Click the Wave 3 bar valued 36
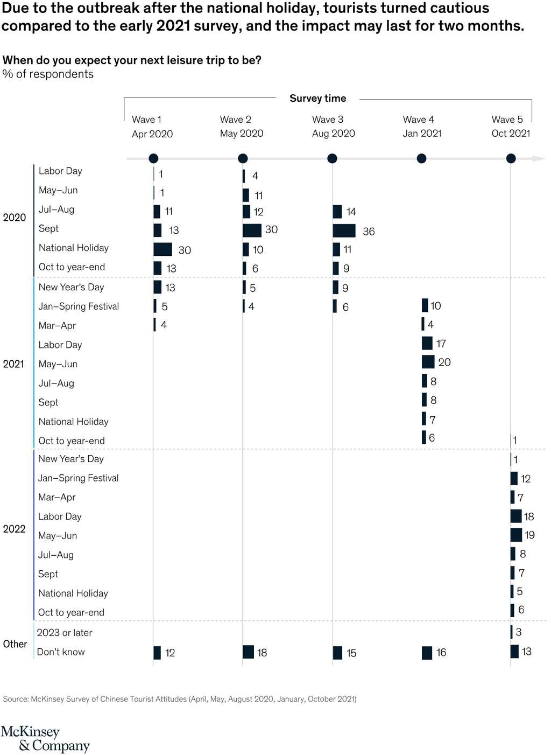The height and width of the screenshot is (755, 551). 344,230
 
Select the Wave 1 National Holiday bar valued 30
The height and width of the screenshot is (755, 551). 163,249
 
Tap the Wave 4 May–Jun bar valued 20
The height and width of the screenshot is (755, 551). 428,362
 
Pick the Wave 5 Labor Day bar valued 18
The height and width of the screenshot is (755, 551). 516,516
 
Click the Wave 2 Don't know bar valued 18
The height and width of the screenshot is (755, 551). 248,652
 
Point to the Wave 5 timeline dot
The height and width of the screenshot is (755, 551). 511,158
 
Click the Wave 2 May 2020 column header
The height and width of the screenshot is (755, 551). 241,127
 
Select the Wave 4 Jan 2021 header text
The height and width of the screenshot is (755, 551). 421,127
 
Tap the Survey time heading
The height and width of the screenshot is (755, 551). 317,98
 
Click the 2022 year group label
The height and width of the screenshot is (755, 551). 14,529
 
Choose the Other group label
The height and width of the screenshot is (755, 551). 15,644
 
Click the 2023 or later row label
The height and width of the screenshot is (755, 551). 65,633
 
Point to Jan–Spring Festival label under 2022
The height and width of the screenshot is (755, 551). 78,478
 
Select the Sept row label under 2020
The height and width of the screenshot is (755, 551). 48,229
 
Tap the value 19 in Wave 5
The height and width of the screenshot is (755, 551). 529,535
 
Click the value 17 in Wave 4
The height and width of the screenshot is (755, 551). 441,344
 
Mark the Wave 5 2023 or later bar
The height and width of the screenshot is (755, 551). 511,632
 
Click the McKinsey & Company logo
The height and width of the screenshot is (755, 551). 45,739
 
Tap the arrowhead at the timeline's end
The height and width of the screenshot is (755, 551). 539,158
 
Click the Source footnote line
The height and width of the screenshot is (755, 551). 179,699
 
